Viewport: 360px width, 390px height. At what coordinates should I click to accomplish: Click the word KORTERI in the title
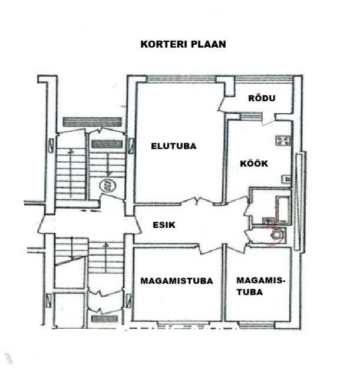164,44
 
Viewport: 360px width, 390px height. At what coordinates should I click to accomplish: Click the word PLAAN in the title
209,44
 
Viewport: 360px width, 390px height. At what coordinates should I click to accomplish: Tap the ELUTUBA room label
174,146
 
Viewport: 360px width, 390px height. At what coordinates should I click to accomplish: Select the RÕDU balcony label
262,98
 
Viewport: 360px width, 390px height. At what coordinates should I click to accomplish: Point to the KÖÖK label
254,163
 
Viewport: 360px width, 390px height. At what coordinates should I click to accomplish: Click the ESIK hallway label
164,225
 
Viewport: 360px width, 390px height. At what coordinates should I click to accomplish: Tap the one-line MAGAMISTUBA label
177,281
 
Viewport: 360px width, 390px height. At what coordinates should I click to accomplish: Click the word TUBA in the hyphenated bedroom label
250,292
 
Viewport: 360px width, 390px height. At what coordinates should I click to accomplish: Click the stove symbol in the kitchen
283,140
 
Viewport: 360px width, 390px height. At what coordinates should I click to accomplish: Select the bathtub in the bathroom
283,209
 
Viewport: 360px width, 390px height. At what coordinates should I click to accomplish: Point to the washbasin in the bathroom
267,221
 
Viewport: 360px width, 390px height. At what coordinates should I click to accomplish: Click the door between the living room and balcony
222,104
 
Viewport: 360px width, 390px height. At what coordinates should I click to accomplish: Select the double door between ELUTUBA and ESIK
197,201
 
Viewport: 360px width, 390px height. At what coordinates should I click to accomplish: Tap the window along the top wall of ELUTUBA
181,79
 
